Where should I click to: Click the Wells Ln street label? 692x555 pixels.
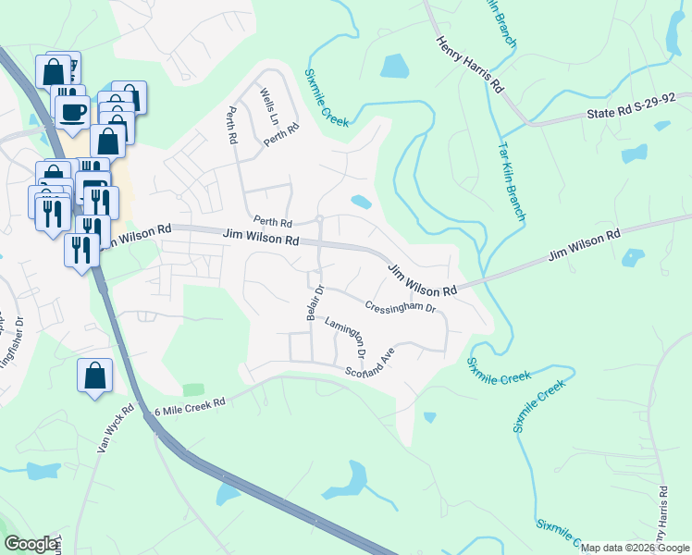click(269, 107)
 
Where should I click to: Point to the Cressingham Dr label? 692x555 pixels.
click(400, 304)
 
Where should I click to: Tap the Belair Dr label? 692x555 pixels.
click(313, 302)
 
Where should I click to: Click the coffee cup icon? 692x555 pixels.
click(73, 112)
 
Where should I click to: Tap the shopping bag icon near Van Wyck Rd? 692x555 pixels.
click(94, 376)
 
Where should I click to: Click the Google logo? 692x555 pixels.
click(31, 543)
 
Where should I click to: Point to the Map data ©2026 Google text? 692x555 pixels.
click(635, 548)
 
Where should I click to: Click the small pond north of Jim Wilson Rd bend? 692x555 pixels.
click(361, 202)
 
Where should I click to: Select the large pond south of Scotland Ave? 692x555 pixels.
click(344, 479)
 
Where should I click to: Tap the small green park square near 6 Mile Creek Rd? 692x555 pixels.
click(192, 389)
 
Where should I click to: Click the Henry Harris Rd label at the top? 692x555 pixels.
click(470, 65)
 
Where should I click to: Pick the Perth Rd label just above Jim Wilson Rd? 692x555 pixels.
click(273, 223)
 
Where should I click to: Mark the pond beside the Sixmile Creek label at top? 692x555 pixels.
click(393, 66)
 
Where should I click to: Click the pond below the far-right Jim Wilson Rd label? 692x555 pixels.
click(633, 258)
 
